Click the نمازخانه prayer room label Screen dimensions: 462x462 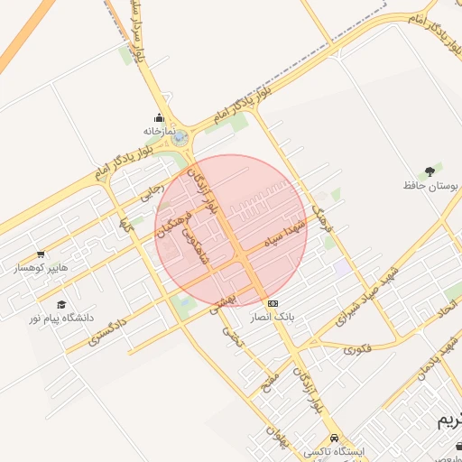click(x=156, y=131)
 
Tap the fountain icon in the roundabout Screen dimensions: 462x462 click(x=180, y=137)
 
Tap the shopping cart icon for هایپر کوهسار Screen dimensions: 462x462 click(x=41, y=254)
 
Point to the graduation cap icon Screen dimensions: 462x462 click(x=60, y=305)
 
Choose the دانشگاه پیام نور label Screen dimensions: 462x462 click(x=60, y=319)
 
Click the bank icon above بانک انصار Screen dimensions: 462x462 click(x=273, y=303)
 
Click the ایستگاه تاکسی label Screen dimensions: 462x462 click(x=333, y=450)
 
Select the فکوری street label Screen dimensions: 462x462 click(x=358, y=346)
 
